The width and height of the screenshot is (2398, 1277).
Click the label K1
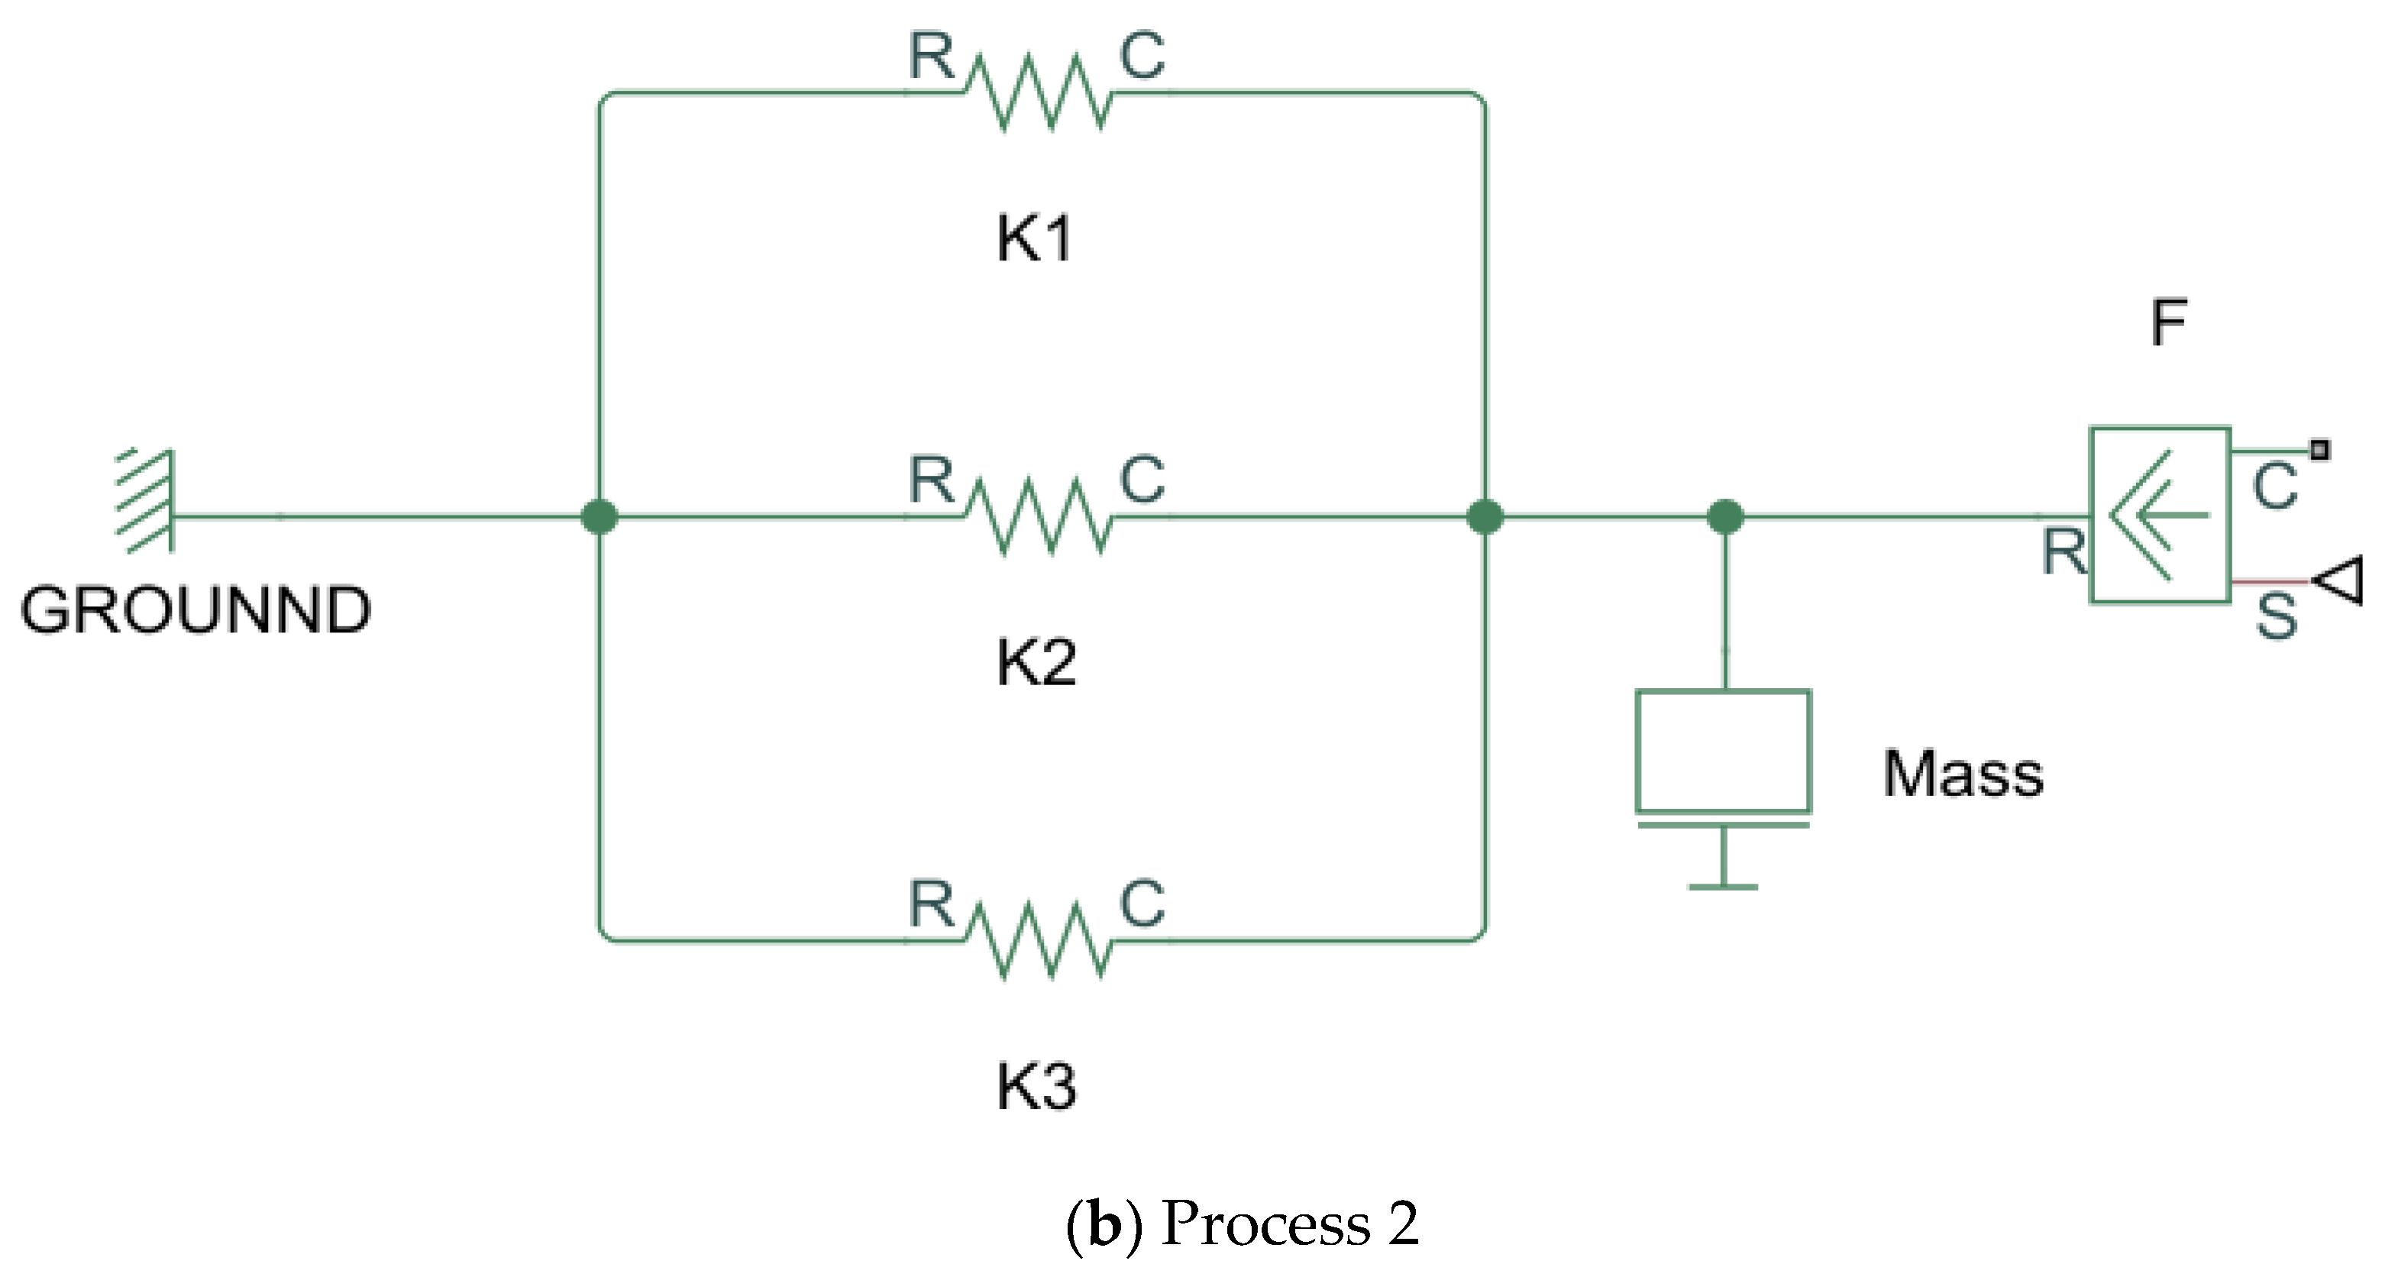click(1033, 239)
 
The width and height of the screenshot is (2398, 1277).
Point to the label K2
click(1035, 664)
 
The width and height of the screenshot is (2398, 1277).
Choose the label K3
click(1035, 1086)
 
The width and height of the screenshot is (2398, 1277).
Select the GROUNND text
click(196, 610)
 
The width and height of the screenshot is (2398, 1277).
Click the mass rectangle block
click(1723, 751)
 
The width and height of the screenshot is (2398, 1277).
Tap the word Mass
click(1963, 774)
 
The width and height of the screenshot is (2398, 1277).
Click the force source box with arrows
click(2160, 515)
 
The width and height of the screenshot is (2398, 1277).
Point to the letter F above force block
click(2168, 322)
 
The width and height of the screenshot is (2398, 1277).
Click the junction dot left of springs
click(599, 516)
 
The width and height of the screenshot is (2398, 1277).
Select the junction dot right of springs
click(1484, 516)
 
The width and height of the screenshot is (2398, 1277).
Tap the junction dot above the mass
click(1725, 516)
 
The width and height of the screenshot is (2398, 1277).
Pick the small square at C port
click(2321, 451)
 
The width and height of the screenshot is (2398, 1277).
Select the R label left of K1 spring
click(931, 56)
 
